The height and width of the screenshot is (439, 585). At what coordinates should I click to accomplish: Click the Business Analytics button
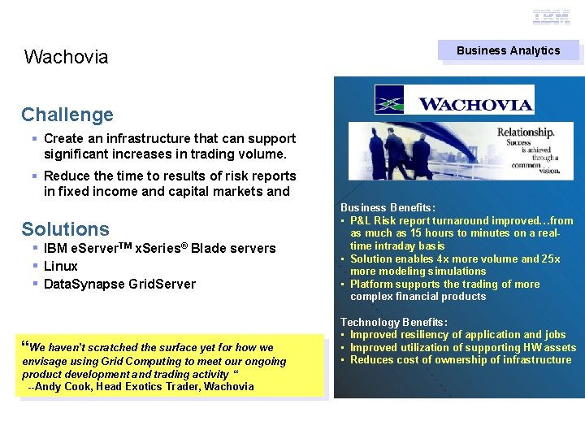coord(509,50)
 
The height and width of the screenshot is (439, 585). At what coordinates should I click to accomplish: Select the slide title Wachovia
coord(66,57)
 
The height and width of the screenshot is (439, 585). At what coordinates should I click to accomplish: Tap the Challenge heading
coord(67,115)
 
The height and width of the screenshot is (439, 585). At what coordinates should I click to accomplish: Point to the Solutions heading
coord(65,229)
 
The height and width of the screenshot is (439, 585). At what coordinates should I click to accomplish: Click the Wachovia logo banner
coord(454,100)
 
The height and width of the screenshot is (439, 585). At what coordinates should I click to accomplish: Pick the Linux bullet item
coord(61,266)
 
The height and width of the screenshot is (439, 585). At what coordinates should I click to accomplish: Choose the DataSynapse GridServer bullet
coord(119,284)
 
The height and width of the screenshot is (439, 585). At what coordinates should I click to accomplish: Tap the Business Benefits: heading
coord(388,208)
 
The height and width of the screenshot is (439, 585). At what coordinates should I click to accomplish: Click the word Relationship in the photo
coord(526,132)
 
